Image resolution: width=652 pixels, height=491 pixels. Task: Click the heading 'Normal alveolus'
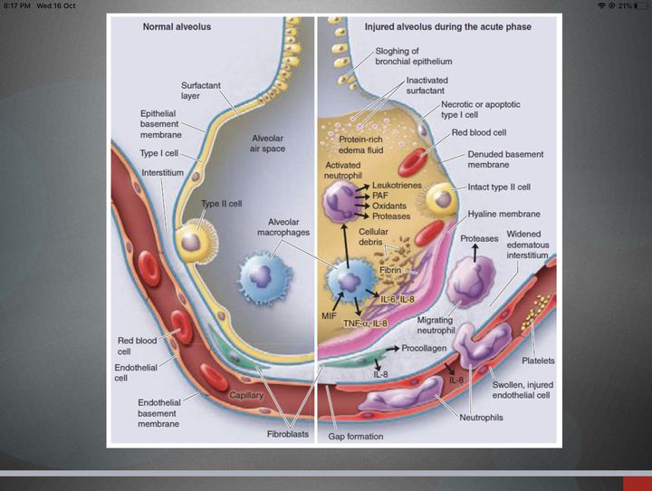click(x=177, y=27)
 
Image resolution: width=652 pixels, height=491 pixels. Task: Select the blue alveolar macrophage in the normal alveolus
click(x=264, y=273)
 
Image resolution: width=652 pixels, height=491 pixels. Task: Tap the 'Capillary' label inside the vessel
click(x=245, y=395)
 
